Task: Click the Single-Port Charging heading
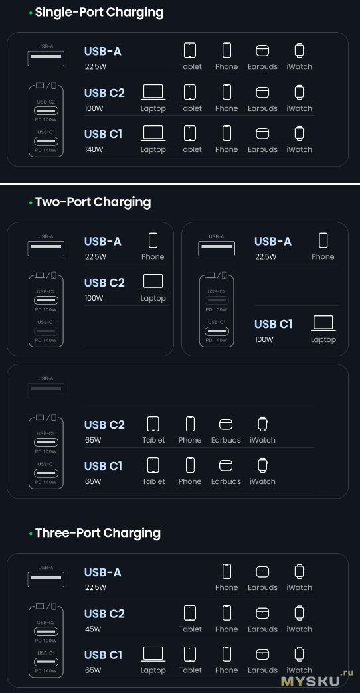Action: (x=99, y=13)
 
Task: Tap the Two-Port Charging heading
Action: (x=93, y=202)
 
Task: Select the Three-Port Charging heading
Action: (x=98, y=533)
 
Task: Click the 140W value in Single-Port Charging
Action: (x=94, y=149)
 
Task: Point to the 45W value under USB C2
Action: (x=93, y=629)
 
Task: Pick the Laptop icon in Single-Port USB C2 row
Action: (x=153, y=92)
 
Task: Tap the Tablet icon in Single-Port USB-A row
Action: (x=190, y=50)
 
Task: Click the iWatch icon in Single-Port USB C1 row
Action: (x=300, y=133)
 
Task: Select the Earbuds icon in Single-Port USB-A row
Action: (x=263, y=51)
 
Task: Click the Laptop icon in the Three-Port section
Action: (x=153, y=654)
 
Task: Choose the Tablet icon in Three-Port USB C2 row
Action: (x=190, y=613)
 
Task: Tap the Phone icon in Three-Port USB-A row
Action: (x=226, y=572)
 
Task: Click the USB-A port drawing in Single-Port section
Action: (x=46, y=58)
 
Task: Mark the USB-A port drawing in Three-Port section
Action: (x=46, y=579)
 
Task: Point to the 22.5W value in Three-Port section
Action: (x=96, y=587)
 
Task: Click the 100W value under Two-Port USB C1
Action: (x=264, y=339)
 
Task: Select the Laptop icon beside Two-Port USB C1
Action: (x=323, y=323)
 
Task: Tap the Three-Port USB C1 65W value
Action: (x=93, y=670)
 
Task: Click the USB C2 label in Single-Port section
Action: (x=104, y=93)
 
